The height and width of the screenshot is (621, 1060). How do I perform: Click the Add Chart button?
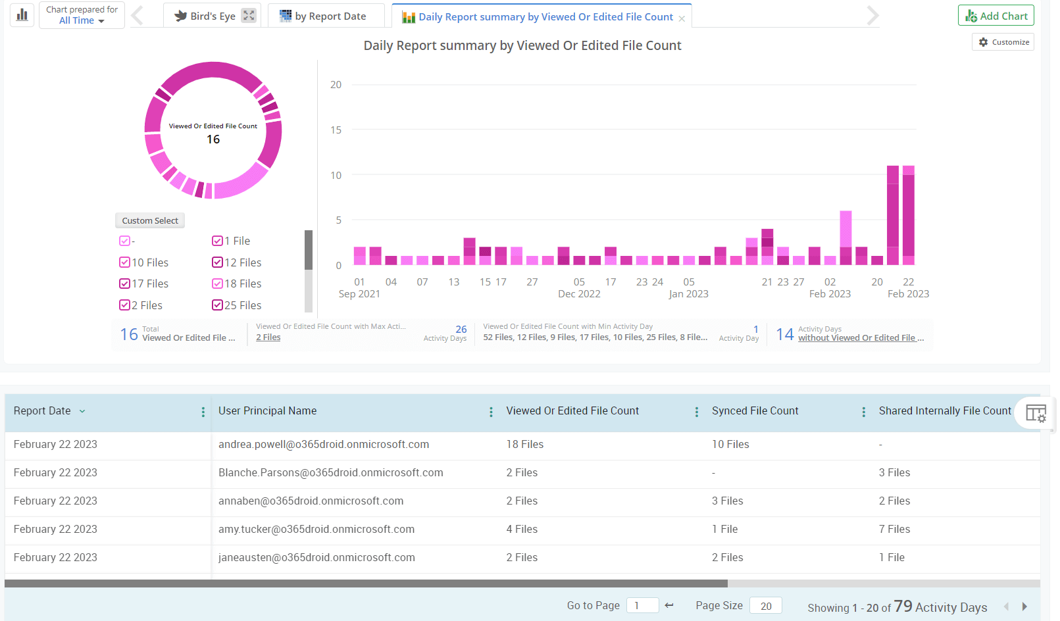point(996,16)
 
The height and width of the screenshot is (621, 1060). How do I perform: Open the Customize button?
point(1003,42)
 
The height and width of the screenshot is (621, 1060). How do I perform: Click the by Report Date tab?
point(323,16)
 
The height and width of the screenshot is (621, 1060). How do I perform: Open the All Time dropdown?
point(82,21)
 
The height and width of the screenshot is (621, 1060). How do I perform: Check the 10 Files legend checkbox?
point(124,262)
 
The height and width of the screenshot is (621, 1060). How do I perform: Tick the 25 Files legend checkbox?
point(217,305)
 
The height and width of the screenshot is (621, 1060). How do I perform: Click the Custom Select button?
point(150,221)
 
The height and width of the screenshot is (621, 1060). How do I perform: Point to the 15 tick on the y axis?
point(336,130)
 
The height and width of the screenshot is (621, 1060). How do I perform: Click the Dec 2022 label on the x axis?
point(579,294)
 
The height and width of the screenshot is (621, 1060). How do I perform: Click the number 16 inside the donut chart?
point(213,139)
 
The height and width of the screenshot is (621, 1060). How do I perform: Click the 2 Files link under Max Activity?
point(268,337)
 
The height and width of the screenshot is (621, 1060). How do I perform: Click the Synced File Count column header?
point(755,411)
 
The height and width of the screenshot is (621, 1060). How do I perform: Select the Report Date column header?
point(42,411)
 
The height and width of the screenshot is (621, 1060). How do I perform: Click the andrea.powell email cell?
point(324,445)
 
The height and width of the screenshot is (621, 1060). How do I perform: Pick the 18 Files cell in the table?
point(524,445)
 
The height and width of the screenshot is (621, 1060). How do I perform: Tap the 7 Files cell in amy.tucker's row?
point(894,530)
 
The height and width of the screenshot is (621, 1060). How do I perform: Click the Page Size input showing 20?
point(765,606)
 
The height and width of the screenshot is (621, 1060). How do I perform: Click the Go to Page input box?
point(642,606)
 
